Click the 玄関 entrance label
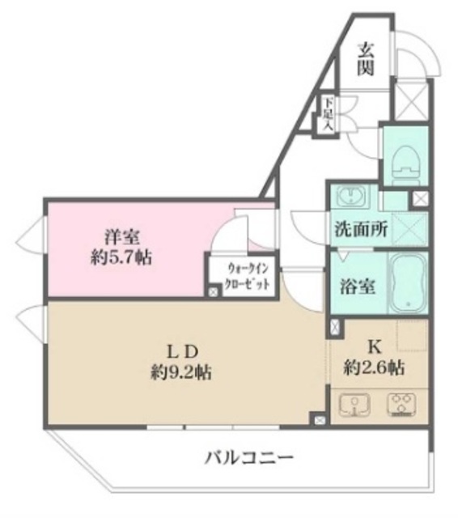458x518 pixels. click(366, 58)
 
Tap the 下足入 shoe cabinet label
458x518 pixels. click(327, 114)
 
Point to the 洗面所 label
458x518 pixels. click(361, 229)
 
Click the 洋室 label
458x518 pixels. click(121, 237)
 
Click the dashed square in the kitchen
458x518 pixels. click(412, 335)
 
